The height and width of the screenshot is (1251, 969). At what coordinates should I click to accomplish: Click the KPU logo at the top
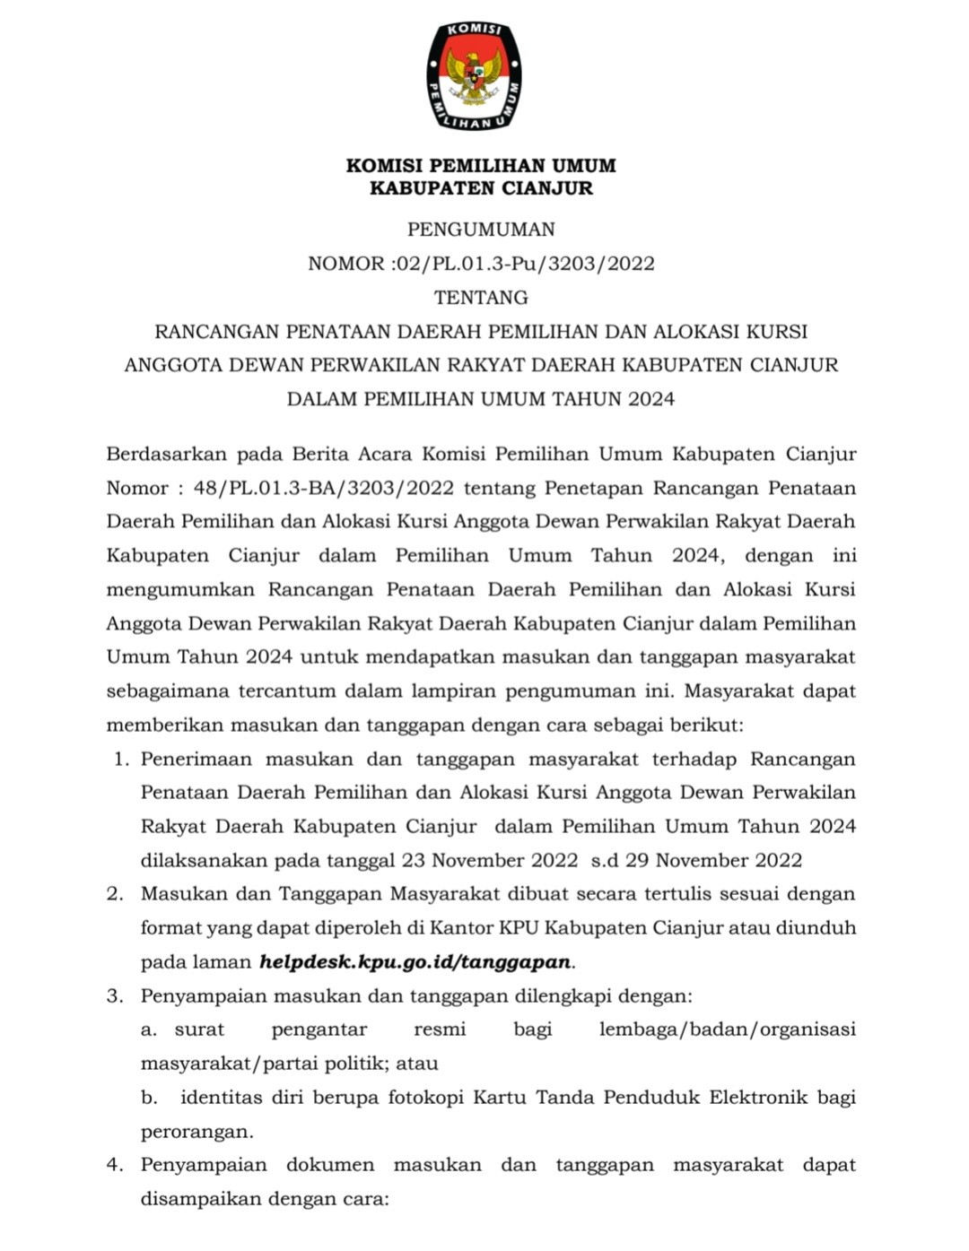point(474,75)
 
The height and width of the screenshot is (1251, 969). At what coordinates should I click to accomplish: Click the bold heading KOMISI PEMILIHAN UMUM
point(481,166)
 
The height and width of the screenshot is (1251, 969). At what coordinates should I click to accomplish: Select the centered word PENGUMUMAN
point(481,230)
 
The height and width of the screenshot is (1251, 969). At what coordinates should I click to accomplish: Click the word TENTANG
point(481,297)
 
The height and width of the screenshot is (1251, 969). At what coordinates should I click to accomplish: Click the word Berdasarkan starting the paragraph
point(163,454)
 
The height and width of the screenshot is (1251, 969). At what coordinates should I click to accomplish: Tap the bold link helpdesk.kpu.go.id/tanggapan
point(415,962)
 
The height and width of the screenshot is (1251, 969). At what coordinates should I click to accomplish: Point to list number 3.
point(114,996)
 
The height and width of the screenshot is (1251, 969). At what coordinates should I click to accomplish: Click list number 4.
point(114,1165)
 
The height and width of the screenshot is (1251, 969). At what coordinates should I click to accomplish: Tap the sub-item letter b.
point(149,1098)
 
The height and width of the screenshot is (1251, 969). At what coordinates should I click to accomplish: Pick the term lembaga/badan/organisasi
point(727,1029)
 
